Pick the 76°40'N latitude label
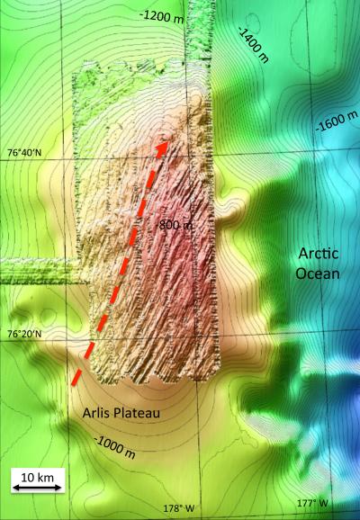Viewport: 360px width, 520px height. pyautogui.click(x=24, y=153)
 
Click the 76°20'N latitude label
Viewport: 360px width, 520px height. pyautogui.click(x=24, y=334)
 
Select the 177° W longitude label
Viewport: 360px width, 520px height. pyautogui.click(x=310, y=503)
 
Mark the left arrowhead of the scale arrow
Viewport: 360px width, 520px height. pyautogui.click(x=15, y=487)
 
